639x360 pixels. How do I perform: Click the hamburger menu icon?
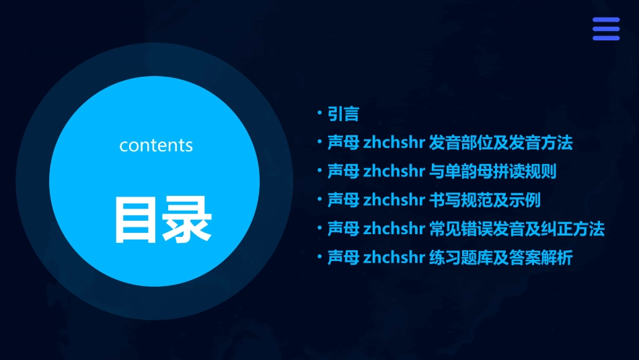tap(605, 29)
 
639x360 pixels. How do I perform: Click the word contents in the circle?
tap(156, 145)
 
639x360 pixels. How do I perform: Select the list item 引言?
tap(343, 114)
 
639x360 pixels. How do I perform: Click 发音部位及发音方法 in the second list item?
tap(500, 143)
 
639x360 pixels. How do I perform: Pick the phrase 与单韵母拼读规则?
tap(492, 172)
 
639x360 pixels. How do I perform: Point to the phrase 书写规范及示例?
tap(484, 201)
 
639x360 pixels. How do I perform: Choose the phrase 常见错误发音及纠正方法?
tap(517, 229)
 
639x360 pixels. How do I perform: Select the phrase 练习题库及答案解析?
tap(500, 258)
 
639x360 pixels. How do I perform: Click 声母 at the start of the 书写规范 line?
tap(343, 201)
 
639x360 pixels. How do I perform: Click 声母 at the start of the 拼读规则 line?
tap(343, 172)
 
